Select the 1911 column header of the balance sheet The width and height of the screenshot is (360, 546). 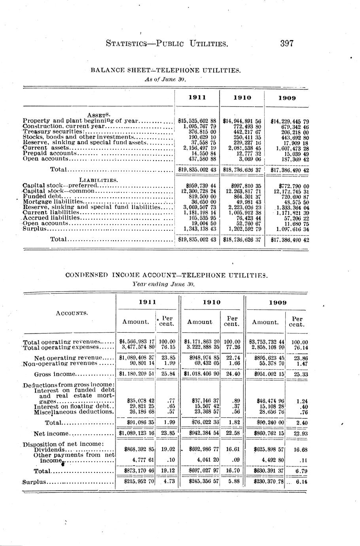coord(197,97)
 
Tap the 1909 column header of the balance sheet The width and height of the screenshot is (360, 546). coord(287,98)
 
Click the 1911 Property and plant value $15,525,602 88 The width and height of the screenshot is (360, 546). coord(197,121)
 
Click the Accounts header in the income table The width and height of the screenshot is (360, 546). coord(72,313)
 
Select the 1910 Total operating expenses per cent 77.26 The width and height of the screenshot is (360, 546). coord(232,347)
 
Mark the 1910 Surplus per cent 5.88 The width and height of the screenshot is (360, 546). coord(232,482)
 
